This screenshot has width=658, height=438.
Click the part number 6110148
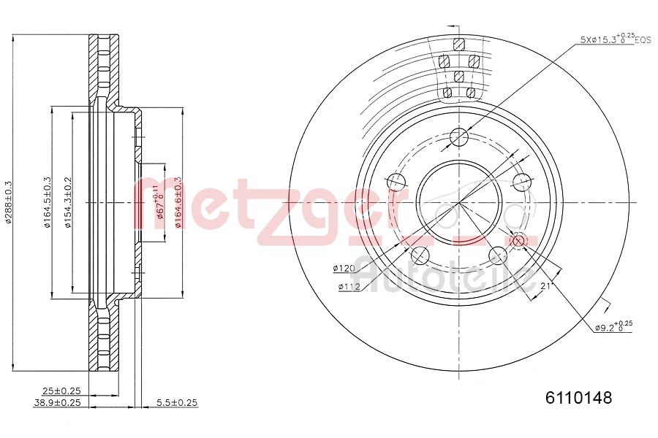click(x=578, y=398)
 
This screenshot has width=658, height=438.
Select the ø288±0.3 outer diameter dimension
click(x=8, y=203)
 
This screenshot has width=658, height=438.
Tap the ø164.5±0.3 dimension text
click(x=46, y=203)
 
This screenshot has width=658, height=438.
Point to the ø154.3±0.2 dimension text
click(x=67, y=203)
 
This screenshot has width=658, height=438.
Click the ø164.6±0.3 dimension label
click(x=178, y=203)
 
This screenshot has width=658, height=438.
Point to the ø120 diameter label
click(x=344, y=269)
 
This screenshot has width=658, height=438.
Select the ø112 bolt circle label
click(x=349, y=287)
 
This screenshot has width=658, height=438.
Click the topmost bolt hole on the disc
click(x=458, y=137)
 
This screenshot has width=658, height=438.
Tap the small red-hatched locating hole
click(x=518, y=240)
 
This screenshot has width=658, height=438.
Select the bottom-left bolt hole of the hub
click(x=420, y=255)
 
